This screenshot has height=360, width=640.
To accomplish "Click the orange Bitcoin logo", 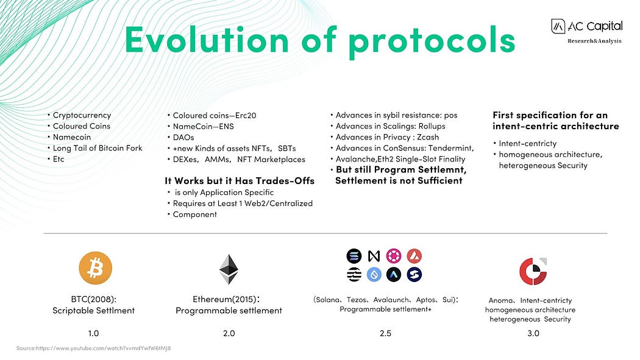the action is click(95, 268).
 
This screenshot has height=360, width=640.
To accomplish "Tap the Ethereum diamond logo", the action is click(229, 269).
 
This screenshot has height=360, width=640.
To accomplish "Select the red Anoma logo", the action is click(533, 270).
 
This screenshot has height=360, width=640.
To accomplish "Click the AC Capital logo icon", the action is click(558, 27).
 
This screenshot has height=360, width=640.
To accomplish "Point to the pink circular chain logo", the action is click(394, 256).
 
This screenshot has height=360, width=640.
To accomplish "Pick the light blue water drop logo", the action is click(374, 274).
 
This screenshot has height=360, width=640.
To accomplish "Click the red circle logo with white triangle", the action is click(414, 256).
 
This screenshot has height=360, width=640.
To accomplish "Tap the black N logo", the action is click(374, 256).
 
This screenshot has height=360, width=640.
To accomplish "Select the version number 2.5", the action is click(385, 333).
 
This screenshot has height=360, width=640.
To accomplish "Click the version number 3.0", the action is click(533, 333).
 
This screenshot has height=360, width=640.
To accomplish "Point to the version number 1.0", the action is click(93, 333).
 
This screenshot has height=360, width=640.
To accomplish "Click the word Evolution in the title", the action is click(207, 40).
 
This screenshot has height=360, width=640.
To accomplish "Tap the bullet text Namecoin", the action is click(72, 137).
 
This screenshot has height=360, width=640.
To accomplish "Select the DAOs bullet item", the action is click(183, 138).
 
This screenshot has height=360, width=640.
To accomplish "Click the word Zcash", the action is click(428, 137).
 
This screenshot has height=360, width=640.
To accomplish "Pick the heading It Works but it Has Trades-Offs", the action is click(240, 181).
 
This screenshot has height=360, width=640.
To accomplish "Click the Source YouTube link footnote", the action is click(93, 348).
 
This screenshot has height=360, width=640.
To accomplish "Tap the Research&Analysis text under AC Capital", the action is click(594, 41).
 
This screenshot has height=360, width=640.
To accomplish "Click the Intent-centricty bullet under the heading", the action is click(528, 144).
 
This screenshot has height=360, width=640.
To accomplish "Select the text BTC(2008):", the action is click(93, 299).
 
